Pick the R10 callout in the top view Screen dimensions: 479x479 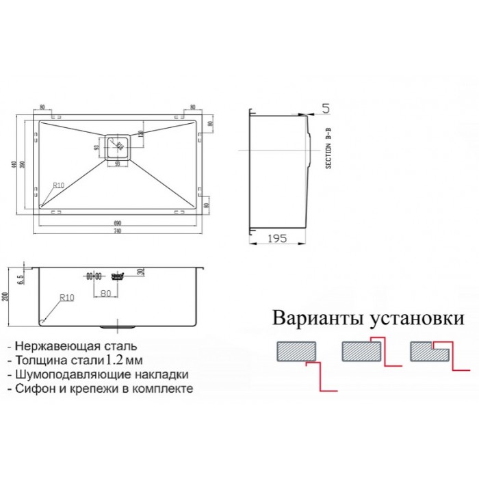pos(59,185)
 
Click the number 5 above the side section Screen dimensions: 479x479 pos(325,108)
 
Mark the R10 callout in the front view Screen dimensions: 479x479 pos(66,298)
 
